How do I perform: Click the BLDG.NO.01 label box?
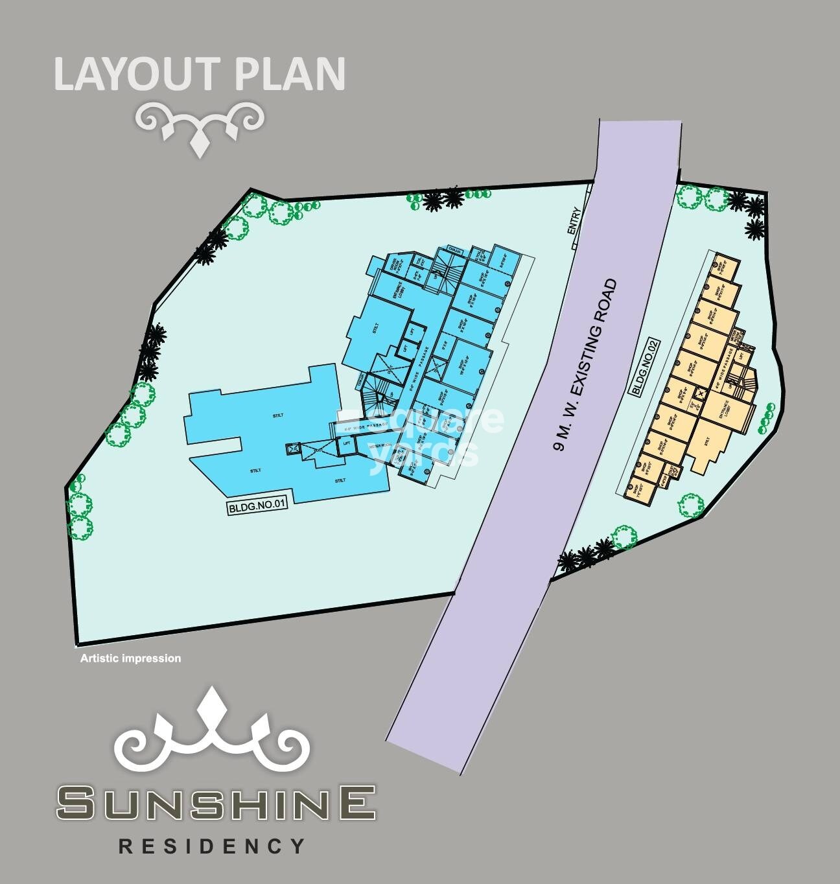[257, 508]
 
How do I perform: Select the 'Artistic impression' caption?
[130, 658]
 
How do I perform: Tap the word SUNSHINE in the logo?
[216, 802]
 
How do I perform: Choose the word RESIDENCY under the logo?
[211, 846]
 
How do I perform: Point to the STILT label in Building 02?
[708, 441]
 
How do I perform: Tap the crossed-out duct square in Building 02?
[700, 393]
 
